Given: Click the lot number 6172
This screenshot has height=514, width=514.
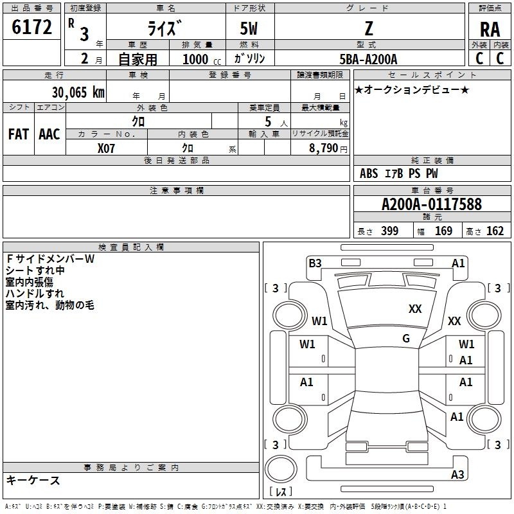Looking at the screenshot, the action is pos(31,26).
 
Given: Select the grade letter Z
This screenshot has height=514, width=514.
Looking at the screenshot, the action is pos(369,28).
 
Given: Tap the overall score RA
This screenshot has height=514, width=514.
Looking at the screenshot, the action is pos(490,30).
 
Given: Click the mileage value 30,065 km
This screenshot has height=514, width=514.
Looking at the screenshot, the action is pos(78,92).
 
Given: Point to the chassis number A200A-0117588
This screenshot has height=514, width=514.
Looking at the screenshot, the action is pos(432,204).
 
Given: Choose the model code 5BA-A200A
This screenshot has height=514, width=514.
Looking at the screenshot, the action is pos(368,59).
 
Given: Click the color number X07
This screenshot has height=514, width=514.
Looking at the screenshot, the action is pos(106,148).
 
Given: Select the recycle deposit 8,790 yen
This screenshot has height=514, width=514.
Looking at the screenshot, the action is pos(328,148).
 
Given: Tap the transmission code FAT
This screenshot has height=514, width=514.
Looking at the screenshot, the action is pos(19,134).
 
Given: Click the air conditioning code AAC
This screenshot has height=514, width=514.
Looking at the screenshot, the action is pos(49,134).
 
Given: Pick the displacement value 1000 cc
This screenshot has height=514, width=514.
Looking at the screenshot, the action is pos(202,59).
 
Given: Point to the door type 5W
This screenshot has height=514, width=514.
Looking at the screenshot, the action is pos(249,28).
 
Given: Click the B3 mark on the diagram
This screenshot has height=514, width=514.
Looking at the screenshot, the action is pos(315,263).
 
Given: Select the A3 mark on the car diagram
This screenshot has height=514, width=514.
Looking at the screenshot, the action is pos(457,474).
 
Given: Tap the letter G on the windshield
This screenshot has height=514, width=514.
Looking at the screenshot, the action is pos(406,338).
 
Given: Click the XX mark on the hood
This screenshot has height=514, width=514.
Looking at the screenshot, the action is pos(415,308).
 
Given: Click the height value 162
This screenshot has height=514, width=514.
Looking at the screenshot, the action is pos(495,231).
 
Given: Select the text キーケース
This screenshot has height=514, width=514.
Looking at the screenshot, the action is pos(33,480).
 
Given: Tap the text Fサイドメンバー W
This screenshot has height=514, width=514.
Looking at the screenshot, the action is pos(51,259).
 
